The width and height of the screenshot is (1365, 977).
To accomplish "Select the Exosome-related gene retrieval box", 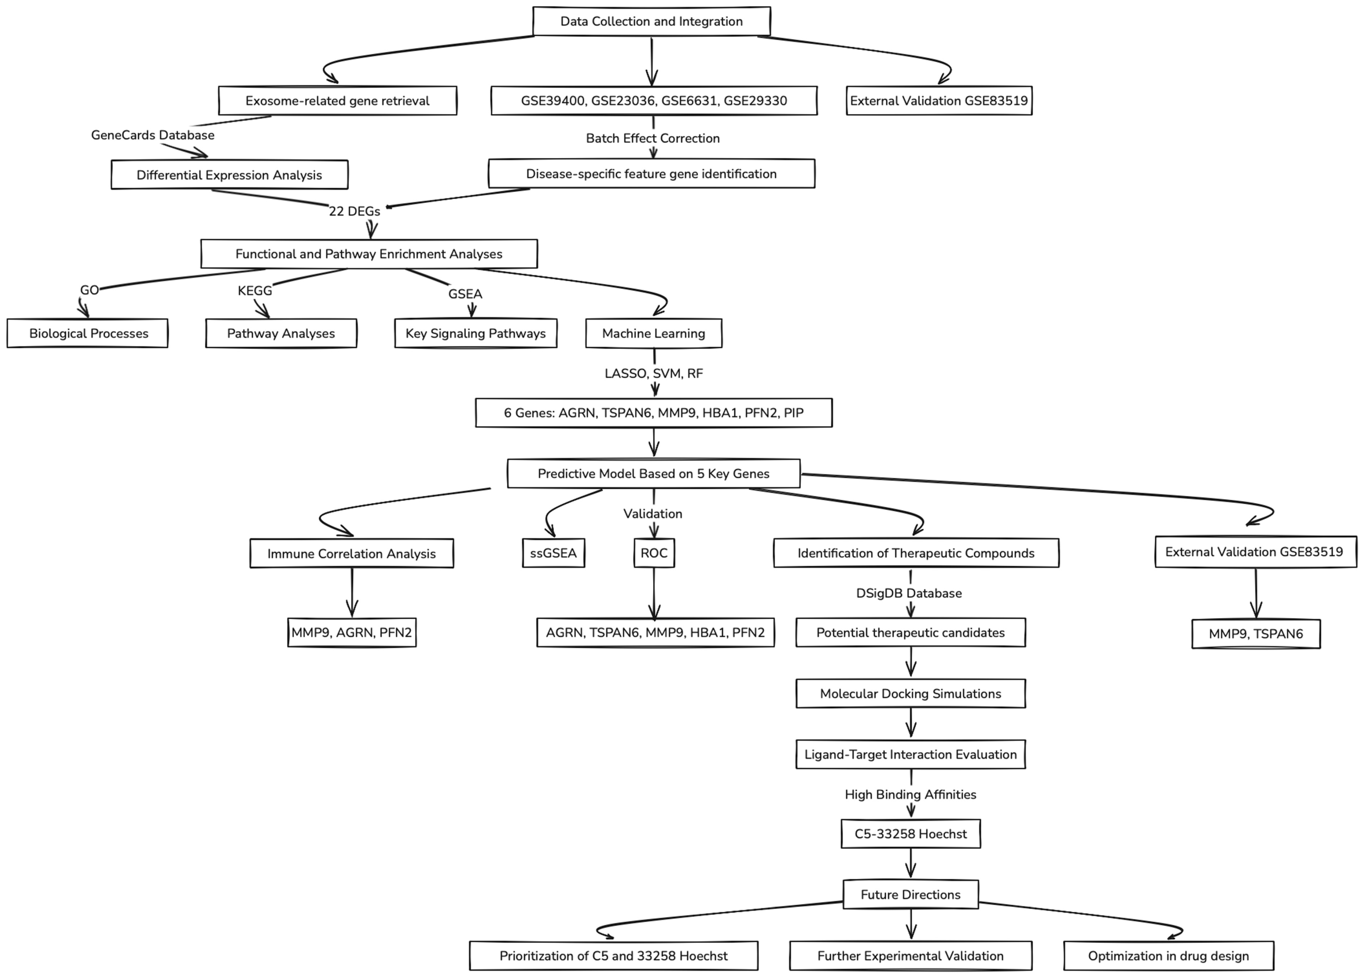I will coord(337,100).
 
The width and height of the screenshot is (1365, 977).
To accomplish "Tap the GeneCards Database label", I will coord(153,135).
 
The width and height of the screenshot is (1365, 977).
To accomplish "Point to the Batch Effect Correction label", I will coord(652,138).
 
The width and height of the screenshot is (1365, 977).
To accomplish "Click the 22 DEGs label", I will coord(354,211).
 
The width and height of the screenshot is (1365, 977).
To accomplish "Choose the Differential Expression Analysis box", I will coord(229,175).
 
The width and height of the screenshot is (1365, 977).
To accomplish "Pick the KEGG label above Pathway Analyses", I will coord(255,291).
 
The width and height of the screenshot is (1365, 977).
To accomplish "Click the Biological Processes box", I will coord(88,333).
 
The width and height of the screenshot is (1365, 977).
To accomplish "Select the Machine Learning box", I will coord(654,333).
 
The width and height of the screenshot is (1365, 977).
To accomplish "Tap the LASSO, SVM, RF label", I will coord(654,373).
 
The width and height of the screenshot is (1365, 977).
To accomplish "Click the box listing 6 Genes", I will coord(654,413).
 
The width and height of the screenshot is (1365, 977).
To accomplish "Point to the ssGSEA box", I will coord(553,553).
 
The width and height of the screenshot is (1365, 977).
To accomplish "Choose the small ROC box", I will coord(654,553).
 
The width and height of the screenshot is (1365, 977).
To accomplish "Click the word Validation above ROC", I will coord(652,514).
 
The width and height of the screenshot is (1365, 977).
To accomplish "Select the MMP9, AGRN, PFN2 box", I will coord(352,632).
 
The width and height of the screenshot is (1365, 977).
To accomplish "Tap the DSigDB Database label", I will coord(909,593).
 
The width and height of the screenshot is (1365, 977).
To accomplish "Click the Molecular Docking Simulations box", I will coord(910,694).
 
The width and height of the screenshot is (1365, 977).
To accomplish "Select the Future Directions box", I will coord(910,895).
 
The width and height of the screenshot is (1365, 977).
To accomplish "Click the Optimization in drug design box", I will coord(1168,956).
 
